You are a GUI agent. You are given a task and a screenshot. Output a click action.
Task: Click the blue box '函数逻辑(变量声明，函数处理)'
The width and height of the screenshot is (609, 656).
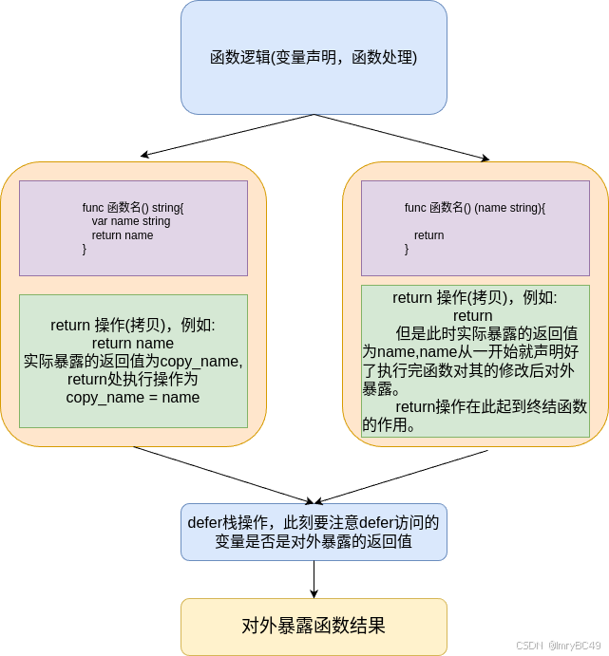(314, 57)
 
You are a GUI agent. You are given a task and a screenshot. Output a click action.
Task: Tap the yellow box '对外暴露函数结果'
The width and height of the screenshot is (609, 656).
(314, 626)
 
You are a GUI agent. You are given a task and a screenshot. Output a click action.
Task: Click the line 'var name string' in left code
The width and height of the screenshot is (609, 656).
(131, 221)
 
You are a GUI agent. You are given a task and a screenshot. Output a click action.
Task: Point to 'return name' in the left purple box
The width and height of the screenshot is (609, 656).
(123, 235)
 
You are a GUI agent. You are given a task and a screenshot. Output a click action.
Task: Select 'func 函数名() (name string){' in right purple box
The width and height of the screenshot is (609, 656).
(475, 207)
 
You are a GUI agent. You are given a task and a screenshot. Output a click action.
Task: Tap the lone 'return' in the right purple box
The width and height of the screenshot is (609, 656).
(429, 235)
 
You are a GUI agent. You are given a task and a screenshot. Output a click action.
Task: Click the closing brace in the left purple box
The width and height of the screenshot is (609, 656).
(85, 249)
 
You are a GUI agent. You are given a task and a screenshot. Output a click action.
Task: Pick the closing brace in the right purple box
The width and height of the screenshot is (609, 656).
(408, 249)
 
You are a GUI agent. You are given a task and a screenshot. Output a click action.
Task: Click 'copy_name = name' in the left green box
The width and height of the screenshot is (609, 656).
(133, 397)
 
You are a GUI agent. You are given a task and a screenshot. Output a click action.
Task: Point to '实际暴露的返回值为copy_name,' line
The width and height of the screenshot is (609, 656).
(133, 361)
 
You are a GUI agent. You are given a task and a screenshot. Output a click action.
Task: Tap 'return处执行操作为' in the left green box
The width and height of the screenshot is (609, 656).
(133, 379)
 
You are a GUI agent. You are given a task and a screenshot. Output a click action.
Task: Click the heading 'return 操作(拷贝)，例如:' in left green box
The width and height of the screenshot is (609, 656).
(133, 326)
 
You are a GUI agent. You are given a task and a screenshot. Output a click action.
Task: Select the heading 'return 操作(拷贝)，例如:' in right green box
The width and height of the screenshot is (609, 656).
(475, 298)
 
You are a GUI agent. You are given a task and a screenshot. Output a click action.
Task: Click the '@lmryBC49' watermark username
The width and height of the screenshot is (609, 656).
(573, 643)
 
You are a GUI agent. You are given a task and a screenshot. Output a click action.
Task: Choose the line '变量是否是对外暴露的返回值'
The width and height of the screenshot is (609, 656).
(314, 542)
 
